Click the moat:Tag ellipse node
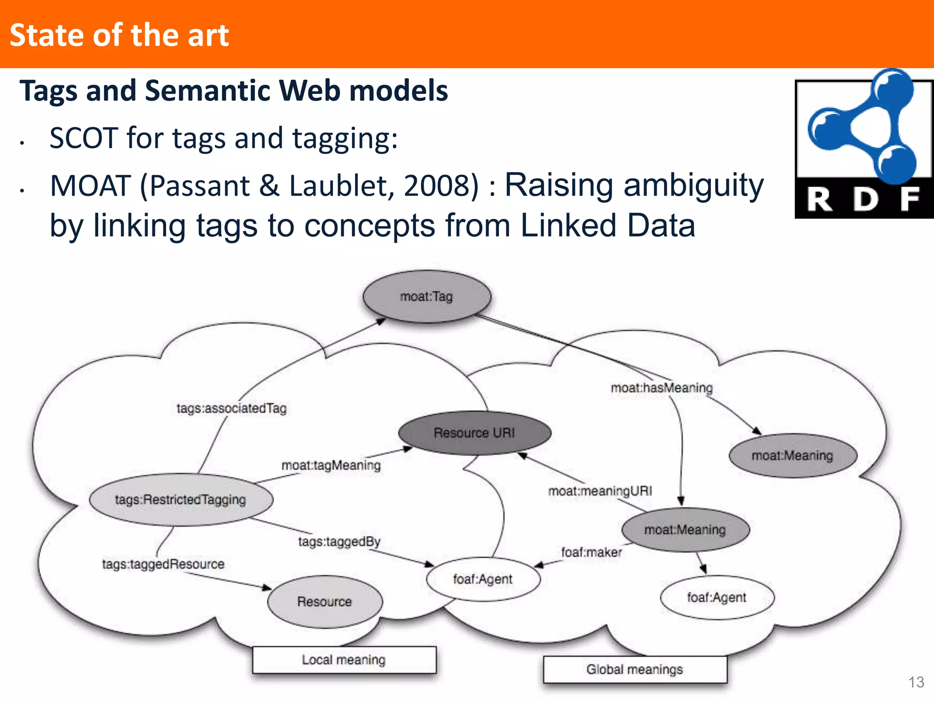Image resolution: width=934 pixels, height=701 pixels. (x=427, y=297)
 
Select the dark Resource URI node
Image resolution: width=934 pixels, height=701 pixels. (x=474, y=433)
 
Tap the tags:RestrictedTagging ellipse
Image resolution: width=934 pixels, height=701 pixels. (x=181, y=500)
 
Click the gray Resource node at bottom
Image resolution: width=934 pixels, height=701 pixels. (x=325, y=602)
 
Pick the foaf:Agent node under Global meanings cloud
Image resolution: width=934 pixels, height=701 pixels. (x=717, y=597)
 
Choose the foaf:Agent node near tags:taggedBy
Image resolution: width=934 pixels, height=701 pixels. (x=483, y=579)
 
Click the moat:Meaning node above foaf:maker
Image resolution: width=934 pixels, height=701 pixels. (x=685, y=530)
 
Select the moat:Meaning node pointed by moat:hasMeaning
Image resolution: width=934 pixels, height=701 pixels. (x=793, y=456)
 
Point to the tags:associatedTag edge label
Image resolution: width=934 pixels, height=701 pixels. (x=232, y=408)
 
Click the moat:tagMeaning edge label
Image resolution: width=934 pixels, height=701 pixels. (x=331, y=465)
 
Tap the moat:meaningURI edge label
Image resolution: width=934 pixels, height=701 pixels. (x=600, y=491)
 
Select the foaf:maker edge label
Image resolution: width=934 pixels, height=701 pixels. (x=592, y=552)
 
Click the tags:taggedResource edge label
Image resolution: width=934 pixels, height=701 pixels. (x=163, y=564)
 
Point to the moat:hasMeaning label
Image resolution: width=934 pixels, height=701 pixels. (x=662, y=388)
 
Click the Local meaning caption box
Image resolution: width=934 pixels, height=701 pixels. (x=344, y=660)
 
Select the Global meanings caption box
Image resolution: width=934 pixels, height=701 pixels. (x=635, y=670)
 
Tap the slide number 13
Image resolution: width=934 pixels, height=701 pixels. (x=916, y=682)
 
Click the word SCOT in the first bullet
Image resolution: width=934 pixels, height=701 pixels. (x=84, y=138)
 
